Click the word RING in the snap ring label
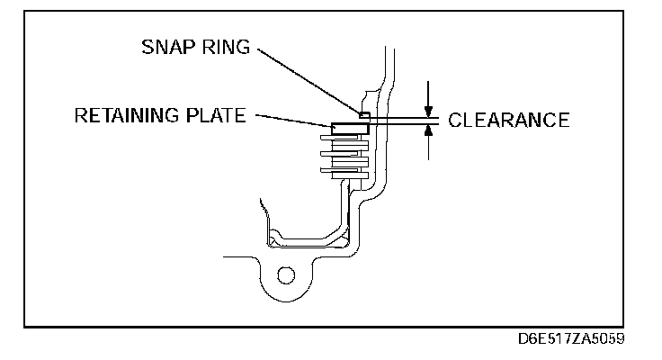[x=227, y=47]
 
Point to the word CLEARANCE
[x=508, y=120]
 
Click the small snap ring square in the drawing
[x=363, y=115]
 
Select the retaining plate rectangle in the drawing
[x=350, y=129]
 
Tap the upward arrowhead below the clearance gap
[x=430, y=130]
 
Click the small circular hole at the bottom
[x=286, y=274]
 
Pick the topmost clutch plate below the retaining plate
[x=345, y=140]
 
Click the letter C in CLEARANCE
[x=454, y=120]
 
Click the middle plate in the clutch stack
[x=345, y=155]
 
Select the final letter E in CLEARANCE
[x=563, y=120]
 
